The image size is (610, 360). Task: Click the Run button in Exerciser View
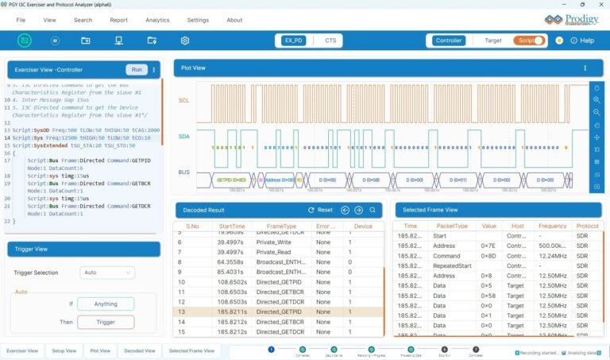pos(137,70)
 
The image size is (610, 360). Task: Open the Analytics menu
pos(157,20)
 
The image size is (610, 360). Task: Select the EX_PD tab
pos(294,40)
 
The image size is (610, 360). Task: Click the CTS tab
pos(330,40)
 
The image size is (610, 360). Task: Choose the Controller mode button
pos(449,40)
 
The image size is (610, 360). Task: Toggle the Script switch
pos(530,40)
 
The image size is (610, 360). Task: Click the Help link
pos(582,41)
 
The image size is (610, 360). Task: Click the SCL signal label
pos(184,100)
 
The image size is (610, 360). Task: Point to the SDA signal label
pos(184,137)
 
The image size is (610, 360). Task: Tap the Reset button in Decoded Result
pos(320,210)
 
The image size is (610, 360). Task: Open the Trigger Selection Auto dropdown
pos(107,273)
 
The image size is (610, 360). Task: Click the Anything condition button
pos(106,304)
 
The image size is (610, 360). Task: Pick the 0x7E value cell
pos(488,246)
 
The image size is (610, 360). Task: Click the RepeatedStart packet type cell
pos(454,266)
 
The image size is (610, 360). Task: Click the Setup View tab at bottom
pos(64,350)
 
